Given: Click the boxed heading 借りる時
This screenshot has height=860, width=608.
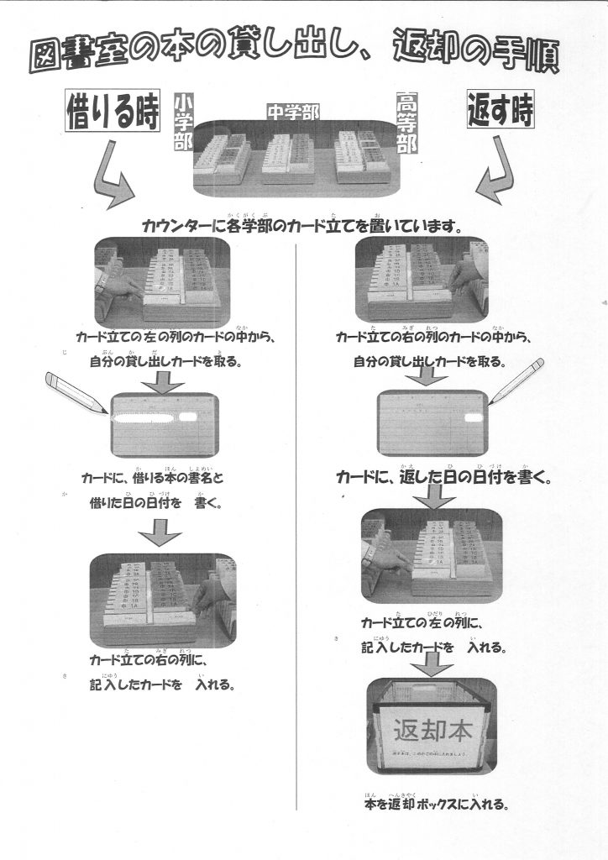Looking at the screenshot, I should click(113, 114).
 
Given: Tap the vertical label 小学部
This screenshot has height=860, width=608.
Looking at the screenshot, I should click(182, 121).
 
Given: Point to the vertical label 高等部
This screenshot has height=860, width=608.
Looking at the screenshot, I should click(406, 121).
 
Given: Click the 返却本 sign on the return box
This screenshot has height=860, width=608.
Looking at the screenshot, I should click(432, 730).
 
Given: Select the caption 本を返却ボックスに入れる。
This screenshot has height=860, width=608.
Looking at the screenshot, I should click(435, 804).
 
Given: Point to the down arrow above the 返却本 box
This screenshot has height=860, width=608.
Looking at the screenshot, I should click(432, 665).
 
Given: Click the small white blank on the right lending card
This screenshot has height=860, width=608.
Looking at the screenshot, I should click(473, 417).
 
